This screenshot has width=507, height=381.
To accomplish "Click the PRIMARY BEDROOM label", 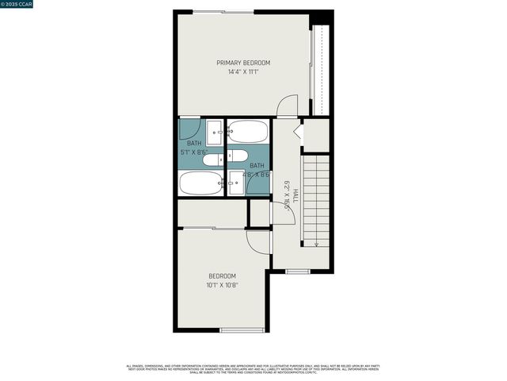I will [243, 63].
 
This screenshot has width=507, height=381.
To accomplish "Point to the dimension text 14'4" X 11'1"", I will [243, 71].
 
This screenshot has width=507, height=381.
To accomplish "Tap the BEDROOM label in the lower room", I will [222, 275].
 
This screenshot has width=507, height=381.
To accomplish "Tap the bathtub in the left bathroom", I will [200, 184].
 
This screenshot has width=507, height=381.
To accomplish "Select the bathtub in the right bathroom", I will [248, 131].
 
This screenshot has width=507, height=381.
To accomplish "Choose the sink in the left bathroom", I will [215, 132].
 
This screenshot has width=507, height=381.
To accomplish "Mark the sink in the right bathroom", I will [235, 184].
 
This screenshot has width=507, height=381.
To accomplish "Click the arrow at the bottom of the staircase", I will [316, 243].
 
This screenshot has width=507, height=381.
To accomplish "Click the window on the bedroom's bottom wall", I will [242, 329].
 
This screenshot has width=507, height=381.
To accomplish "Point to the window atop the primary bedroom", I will [224, 11].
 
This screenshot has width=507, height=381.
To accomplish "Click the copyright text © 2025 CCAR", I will [18, 5].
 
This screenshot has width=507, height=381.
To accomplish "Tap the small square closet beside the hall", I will [260, 213].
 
